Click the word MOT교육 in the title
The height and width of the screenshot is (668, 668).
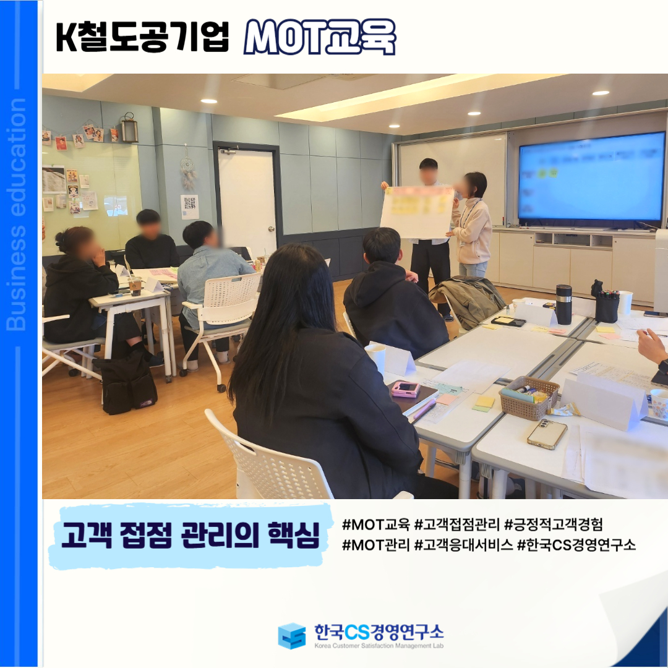[320, 37]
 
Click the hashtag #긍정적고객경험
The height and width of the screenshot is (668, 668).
[554, 525]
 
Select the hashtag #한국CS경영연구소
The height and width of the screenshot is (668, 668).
[576, 544]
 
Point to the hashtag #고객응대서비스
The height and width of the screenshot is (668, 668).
[463, 544]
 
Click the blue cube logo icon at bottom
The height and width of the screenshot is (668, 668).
[292, 636]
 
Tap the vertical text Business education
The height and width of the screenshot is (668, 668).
[16, 214]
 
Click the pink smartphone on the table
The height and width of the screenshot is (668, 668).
[406, 388]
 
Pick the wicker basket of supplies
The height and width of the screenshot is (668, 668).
[529, 396]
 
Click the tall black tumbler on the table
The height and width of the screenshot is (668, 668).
[563, 304]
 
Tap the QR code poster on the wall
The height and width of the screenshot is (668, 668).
[190, 207]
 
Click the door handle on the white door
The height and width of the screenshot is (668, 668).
[271, 229]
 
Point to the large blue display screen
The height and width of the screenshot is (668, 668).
[592, 176]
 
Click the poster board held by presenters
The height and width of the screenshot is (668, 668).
[417, 212]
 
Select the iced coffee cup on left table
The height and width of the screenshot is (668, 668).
[135, 285]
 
